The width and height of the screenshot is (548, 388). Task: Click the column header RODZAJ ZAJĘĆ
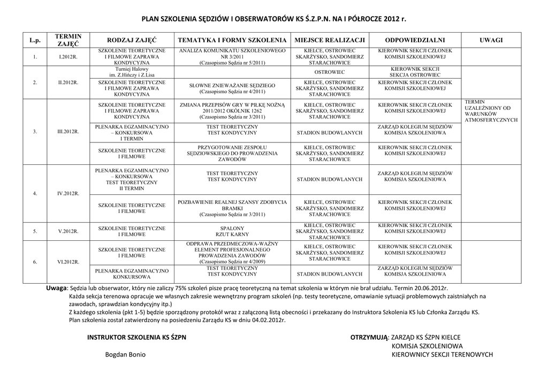132,40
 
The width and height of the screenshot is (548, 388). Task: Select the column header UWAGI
491,40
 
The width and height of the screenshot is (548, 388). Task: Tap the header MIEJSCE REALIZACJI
330,40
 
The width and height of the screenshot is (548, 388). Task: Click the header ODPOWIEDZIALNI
415,40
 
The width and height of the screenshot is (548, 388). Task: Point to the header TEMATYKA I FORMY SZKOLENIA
232,40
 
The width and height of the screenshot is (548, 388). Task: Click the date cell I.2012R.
68,56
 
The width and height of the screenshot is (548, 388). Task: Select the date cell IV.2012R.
68,193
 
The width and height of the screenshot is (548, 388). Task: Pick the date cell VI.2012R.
68,262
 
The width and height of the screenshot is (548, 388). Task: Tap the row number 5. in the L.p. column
35,231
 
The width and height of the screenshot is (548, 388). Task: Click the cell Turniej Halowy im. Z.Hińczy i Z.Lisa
132,72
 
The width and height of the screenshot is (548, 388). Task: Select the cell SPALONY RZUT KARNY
232,231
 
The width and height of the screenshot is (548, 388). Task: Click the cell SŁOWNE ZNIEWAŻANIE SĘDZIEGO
232,88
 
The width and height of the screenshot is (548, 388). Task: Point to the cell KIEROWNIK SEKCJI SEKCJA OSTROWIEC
415,72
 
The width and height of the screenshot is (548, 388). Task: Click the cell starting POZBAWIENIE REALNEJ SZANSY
232,208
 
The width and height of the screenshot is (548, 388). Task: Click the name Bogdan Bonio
125,355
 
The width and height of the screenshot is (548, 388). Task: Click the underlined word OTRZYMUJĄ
369,337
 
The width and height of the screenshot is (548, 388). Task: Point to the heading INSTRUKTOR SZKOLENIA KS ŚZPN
136,337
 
